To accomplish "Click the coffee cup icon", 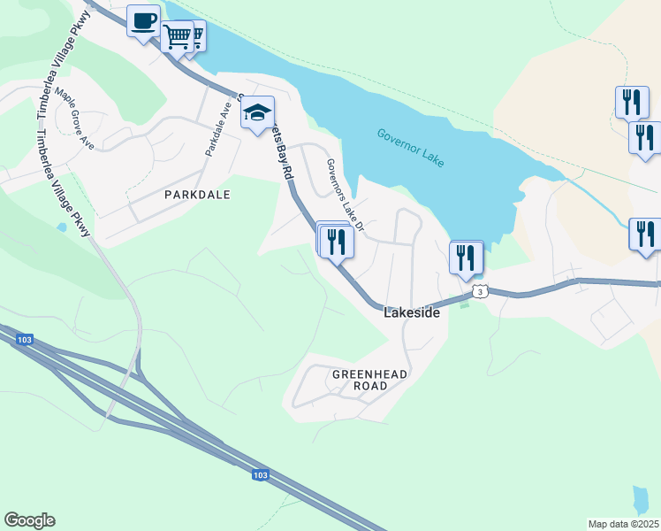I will (143, 20).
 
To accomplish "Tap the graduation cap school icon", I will (257, 113).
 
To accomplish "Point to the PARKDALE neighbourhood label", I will (197, 194).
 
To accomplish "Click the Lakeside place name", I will (412, 312).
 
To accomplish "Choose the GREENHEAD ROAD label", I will (370, 381).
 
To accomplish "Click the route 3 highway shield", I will (479, 291).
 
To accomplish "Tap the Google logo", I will (29, 520).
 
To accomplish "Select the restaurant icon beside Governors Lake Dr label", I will (336, 241).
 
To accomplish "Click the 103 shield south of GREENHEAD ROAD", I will (260, 475).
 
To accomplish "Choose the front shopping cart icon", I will (177, 37).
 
